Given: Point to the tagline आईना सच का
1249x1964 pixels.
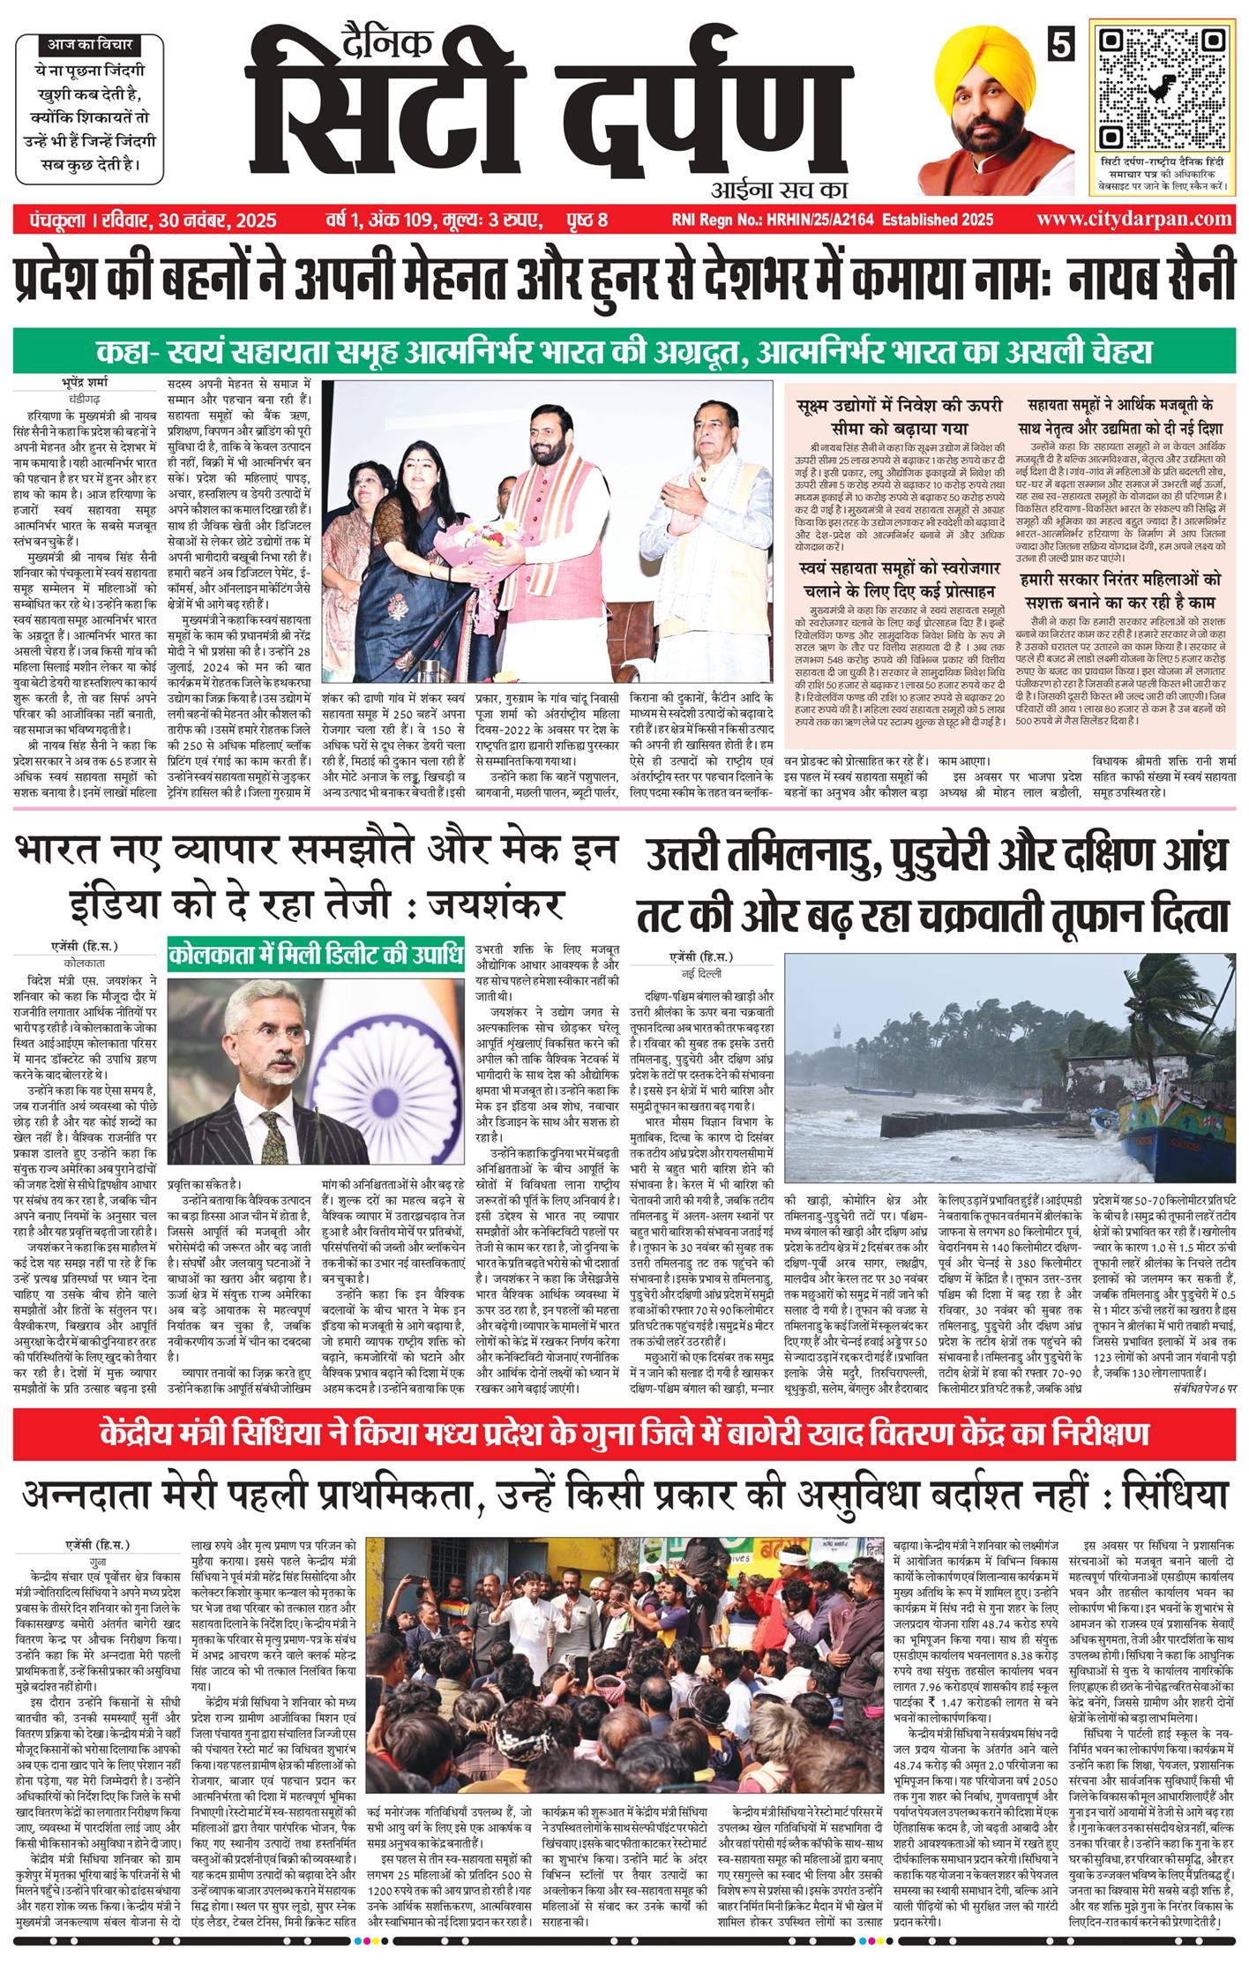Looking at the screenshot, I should click(x=777, y=188).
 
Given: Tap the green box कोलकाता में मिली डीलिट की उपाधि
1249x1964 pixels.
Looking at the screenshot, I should click(x=316, y=956).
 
